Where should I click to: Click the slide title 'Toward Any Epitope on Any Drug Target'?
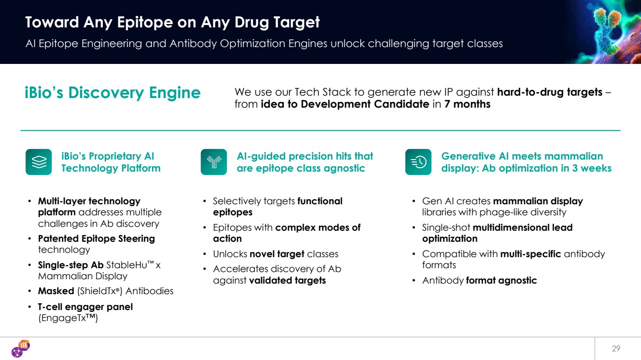(172, 22)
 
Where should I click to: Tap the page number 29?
(616, 348)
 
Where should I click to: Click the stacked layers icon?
(38, 162)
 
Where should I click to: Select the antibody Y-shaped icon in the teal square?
(214, 162)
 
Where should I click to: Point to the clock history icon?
(418, 162)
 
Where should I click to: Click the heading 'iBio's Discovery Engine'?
(113, 93)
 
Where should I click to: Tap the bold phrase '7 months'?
(467, 104)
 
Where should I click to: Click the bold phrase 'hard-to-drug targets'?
(550, 92)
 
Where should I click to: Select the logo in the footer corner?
(21, 348)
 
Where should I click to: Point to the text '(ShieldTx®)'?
(100, 291)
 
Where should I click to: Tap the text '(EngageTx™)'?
(68, 318)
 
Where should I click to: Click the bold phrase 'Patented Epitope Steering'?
(97, 238)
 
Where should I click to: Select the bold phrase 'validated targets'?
(287, 281)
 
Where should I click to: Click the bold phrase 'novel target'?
(277, 254)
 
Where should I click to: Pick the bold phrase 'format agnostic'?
(502, 281)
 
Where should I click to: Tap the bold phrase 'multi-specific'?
(530, 254)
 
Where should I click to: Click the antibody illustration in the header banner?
(607, 31)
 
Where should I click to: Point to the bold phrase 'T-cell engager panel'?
(85, 307)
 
